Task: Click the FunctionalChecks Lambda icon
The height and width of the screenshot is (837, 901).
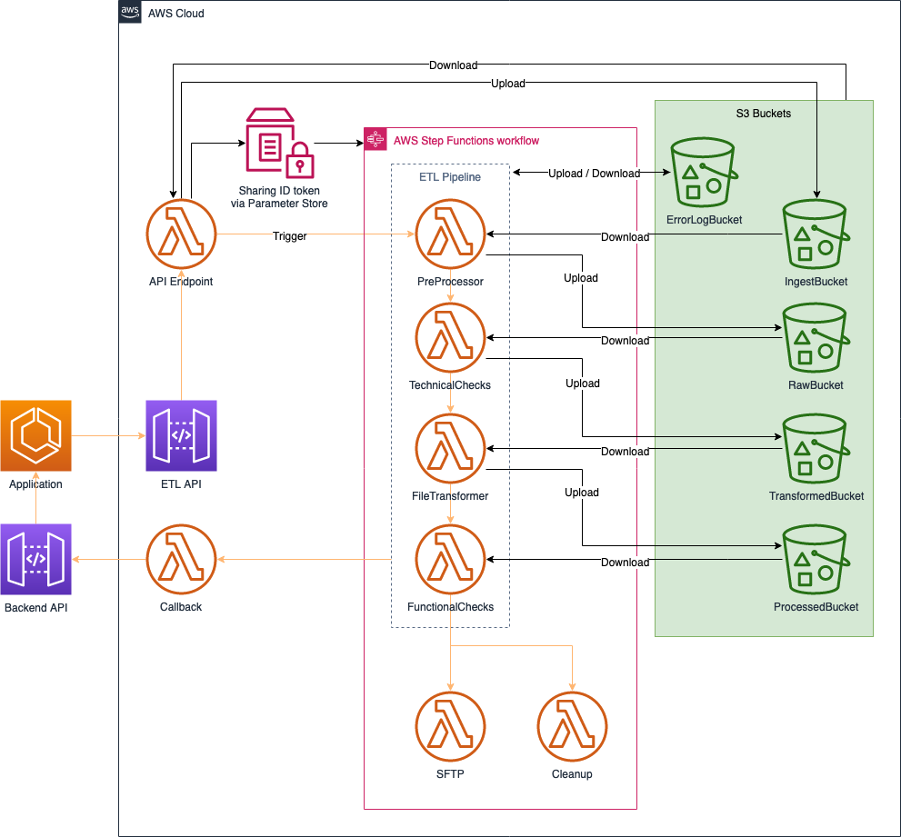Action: point(450,561)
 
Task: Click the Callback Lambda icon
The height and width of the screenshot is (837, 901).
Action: point(181,561)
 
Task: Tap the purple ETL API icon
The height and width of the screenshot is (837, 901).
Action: point(181,436)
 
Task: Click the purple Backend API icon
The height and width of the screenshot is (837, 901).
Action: point(35,559)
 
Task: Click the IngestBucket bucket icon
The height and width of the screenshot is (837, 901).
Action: point(816,236)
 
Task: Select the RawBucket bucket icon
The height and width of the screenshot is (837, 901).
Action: point(816,339)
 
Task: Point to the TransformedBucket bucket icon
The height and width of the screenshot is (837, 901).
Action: point(816,450)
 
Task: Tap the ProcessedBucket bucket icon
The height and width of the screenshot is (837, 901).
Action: point(816,561)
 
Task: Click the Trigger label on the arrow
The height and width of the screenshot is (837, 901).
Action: point(289,236)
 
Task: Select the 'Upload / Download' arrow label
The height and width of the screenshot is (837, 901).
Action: point(594,174)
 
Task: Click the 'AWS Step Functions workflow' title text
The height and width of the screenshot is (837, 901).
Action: point(466,140)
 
